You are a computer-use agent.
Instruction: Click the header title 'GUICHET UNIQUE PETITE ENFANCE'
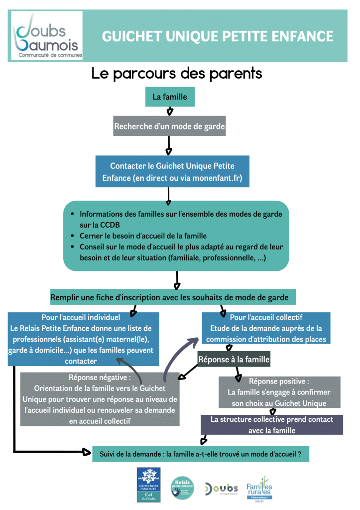click(218, 36)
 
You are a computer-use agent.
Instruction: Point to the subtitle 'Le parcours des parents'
click(177, 74)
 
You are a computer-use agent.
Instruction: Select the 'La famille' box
click(170, 97)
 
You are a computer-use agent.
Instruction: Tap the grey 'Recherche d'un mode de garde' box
click(169, 127)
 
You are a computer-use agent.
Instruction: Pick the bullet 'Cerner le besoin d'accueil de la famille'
click(143, 236)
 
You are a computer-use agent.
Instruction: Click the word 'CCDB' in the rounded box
click(100, 225)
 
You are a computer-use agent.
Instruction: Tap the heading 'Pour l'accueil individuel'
click(81, 317)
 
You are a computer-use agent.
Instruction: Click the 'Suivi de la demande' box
click(201, 454)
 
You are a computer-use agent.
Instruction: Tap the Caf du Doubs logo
click(148, 485)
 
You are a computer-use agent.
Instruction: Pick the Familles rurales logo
click(259, 488)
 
